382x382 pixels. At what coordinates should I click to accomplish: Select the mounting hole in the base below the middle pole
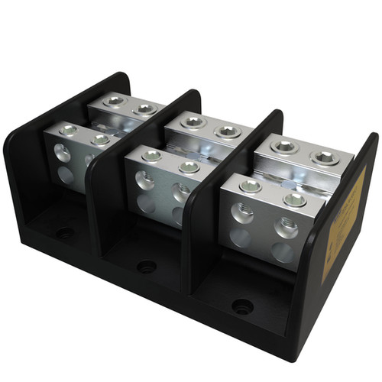(x=146, y=267)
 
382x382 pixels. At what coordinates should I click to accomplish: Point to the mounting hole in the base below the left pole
(x=65, y=233)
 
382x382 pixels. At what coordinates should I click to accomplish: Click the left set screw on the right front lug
(x=250, y=186)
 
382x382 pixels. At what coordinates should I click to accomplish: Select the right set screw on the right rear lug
(x=324, y=157)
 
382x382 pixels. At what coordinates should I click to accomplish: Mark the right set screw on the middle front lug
(x=189, y=167)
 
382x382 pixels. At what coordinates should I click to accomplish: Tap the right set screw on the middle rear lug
(x=228, y=131)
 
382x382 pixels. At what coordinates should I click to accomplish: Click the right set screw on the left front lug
(x=100, y=140)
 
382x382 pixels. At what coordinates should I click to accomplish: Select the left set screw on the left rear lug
(x=115, y=100)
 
